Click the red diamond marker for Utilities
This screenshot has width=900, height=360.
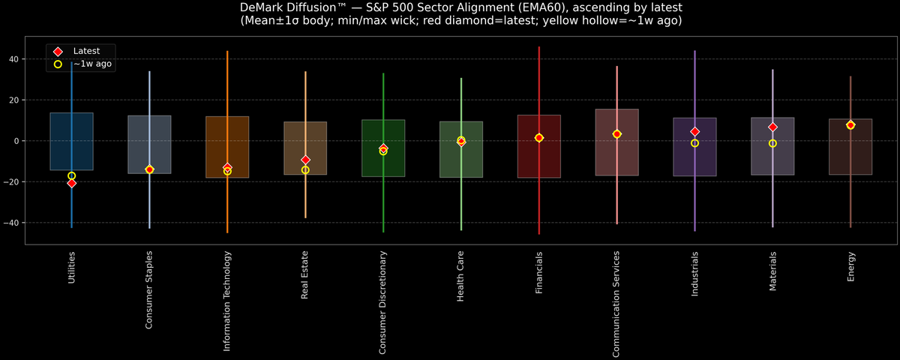pyautogui.click(x=71, y=183)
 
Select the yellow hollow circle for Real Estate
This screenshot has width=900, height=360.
pyautogui.click(x=305, y=170)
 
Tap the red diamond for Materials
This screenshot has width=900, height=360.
pyautogui.click(x=772, y=127)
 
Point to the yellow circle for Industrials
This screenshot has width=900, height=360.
pyautogui.click(x=694, y=143)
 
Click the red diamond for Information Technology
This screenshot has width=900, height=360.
pyautogui.click(x=227, y=167)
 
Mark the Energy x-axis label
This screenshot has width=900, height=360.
pyautogui.click(x=850, y=267)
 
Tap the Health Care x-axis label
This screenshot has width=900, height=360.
pyautogui.click(x=460, y=277)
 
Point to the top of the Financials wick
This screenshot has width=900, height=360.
pyautogui.click(x=538, y=47)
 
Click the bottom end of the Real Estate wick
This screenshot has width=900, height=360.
pyautogui.click(x=305, y=217)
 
